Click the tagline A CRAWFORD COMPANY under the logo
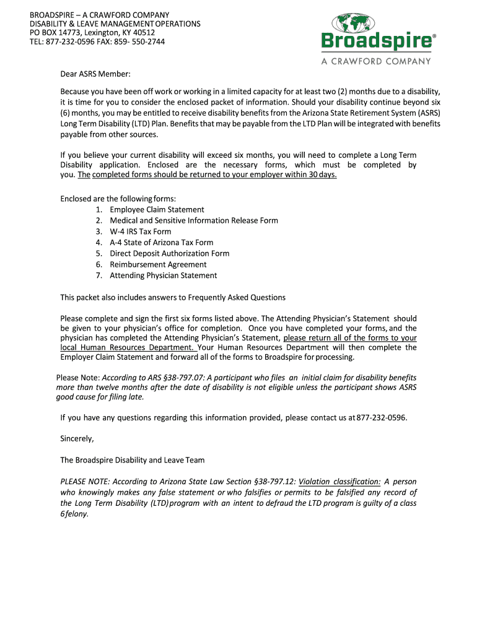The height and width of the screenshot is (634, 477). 375,61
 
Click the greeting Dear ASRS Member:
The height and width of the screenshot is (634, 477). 95,74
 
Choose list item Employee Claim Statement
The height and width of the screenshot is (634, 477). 157,210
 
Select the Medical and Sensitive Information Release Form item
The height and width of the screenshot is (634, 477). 194,220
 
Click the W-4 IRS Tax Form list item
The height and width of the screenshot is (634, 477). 141,232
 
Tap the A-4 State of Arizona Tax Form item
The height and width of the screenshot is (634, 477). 161,243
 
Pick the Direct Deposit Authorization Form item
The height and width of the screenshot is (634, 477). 169,253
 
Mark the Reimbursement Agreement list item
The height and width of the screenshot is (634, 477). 158,264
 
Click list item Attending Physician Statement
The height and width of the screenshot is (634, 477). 164,276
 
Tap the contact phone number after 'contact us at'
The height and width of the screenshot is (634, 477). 382,418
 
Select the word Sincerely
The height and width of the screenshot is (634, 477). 77,439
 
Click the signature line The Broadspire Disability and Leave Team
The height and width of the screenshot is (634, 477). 132,460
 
